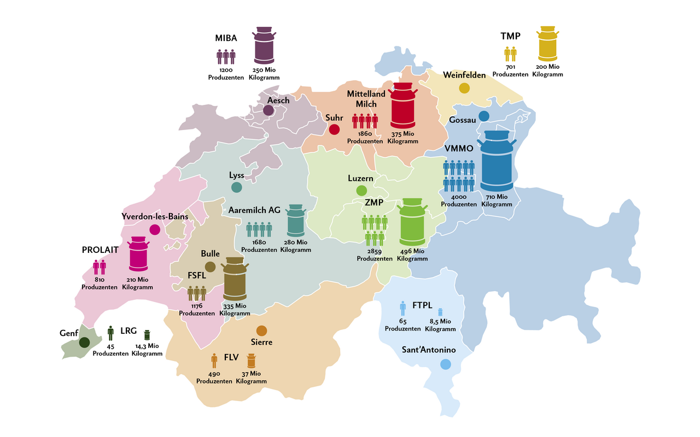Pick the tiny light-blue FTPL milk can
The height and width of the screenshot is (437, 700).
[440, 311]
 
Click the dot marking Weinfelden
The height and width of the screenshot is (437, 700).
[464, 87]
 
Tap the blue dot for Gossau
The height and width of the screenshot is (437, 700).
[483, 116]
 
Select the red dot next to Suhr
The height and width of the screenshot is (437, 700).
[334, 129]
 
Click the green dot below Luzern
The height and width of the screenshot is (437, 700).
[361, 191]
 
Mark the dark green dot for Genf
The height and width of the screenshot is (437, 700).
[84, 342]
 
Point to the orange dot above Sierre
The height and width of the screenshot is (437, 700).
[261, 330]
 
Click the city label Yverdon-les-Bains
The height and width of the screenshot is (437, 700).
[155, 216]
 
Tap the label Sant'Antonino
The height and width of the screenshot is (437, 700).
[429, 350]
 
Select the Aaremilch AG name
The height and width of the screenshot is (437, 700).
[254, 210]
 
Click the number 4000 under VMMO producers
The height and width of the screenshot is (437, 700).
[459, 197]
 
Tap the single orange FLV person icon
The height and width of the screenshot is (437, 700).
[214, 361]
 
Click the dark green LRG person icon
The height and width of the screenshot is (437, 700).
[110, 333]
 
